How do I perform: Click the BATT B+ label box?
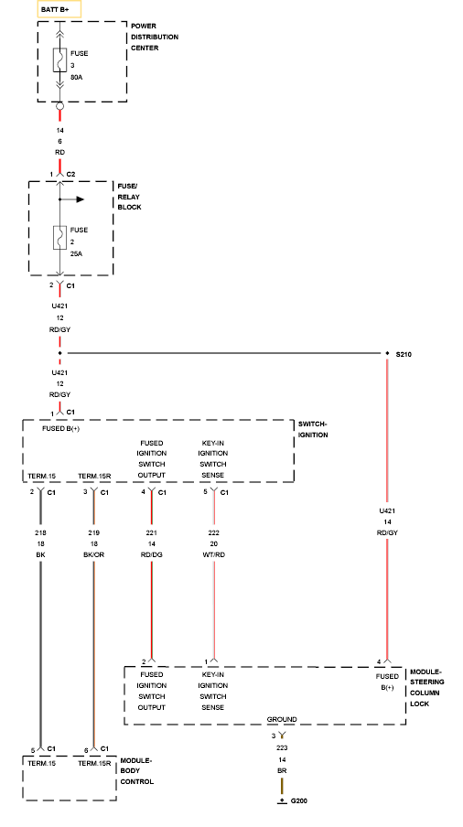59,9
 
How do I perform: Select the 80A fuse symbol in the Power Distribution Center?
59,60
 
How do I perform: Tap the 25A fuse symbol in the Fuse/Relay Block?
59,237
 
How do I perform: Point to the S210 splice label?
404,354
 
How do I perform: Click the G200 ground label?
299,800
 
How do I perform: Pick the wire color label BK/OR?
94,555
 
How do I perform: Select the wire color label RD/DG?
152,555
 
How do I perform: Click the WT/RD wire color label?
213,555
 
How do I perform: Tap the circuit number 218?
40,532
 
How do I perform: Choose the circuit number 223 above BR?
282,748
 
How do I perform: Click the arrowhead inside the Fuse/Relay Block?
81,199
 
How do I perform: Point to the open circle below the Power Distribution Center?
59,106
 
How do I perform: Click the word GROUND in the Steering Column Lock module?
282,719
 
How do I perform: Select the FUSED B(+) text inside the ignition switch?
61,428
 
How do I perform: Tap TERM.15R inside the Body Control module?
94,763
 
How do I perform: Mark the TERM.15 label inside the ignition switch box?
42,477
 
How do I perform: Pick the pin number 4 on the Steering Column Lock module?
379,662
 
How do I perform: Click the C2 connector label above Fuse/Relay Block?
70,174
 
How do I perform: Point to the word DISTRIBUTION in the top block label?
155,37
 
